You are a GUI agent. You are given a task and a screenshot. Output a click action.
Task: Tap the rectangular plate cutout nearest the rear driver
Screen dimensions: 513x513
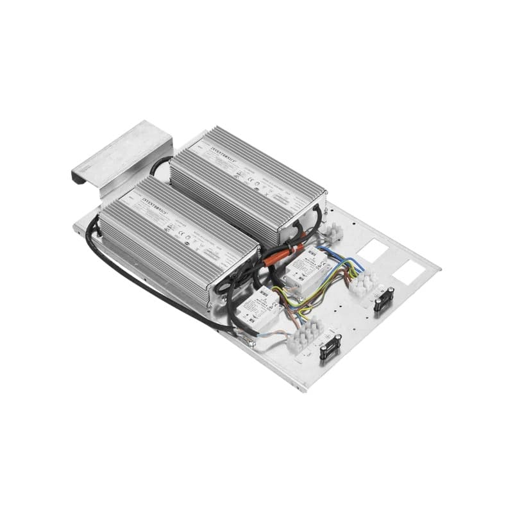371,249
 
